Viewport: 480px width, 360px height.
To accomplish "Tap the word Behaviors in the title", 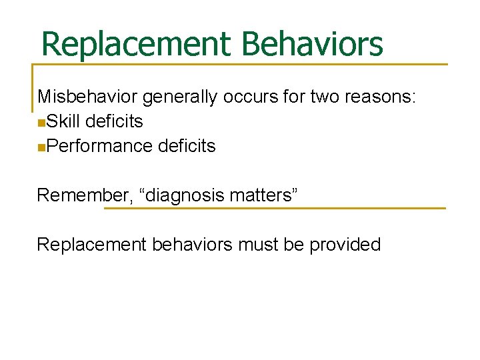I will click(313, 44).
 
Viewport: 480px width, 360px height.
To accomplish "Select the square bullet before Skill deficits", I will click(41, 123).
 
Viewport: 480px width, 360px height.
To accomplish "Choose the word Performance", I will click(101, 146).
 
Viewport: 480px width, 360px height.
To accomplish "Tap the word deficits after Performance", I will click(187, 146).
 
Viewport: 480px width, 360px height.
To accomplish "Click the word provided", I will click(345, 245).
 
